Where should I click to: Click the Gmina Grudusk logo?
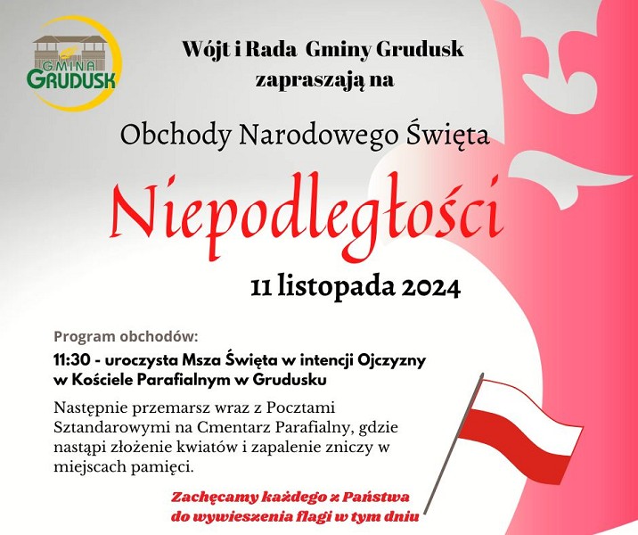[74, 63]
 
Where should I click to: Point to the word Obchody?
[176, 135]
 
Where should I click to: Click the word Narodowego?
[319, 136]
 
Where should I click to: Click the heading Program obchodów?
[127, 337]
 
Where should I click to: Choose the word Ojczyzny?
[391, 361]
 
